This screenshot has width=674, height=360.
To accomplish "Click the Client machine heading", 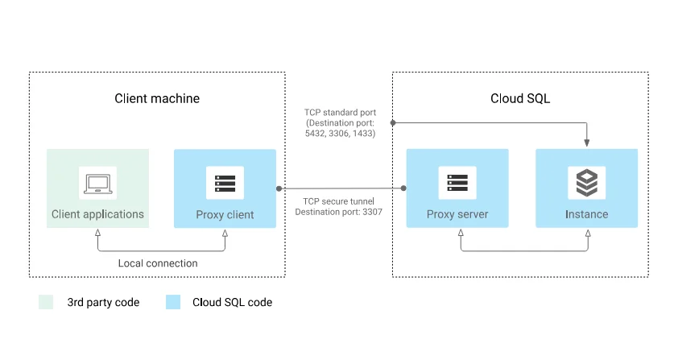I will (157, 98).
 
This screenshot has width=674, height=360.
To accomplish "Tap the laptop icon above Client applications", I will (97, 183).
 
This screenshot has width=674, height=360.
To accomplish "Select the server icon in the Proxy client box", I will (225, 183).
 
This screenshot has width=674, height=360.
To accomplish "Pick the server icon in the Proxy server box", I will (457, 183).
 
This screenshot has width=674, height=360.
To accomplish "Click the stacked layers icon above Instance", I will (586, 183).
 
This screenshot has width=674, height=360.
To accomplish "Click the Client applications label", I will (97, 214).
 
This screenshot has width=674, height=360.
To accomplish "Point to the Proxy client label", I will (225, 215).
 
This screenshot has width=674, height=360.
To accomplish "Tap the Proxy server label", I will (457, 215).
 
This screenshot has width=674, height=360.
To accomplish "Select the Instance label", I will (586, 215).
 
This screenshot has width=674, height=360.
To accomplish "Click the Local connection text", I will (158, 263).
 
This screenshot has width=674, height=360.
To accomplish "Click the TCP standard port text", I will (340, 112).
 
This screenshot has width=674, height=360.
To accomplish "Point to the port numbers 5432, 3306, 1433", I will (340, 133).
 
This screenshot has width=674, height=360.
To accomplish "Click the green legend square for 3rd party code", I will (47, 303).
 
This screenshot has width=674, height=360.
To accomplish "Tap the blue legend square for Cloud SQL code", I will (173, 303).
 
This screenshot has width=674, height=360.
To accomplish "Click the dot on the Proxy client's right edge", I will (279, 188).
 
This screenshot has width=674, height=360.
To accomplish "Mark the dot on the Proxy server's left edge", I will (404, 188).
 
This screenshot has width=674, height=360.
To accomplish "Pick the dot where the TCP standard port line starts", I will (392, 122).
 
